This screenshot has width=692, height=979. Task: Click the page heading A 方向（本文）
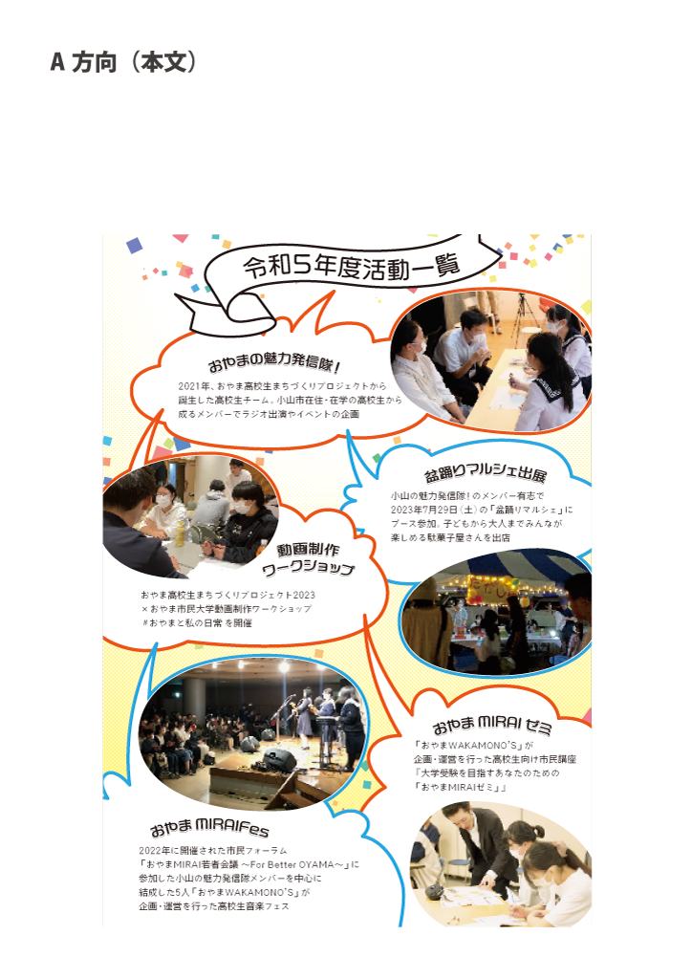coord(123,62)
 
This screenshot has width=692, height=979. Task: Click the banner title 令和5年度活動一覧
coord(352,266)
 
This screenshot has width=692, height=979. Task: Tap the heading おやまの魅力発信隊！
coord(274,360)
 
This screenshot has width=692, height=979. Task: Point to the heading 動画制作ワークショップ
coord(309,558)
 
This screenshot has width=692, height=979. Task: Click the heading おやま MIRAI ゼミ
coord(492,726)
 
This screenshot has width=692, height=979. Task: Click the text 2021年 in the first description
coord(193,386)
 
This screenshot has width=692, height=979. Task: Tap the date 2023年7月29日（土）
coord(434,510)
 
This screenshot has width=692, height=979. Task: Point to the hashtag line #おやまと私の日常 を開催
coord(197,623)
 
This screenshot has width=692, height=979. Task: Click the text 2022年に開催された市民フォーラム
coord(213,850)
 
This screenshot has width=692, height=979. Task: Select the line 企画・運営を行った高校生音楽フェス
coord(214,906)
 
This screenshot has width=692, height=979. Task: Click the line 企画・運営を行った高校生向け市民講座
coord(495,759)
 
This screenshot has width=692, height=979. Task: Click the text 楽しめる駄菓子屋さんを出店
coord(450,537)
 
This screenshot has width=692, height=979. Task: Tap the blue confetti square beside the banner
coord(134,246)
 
